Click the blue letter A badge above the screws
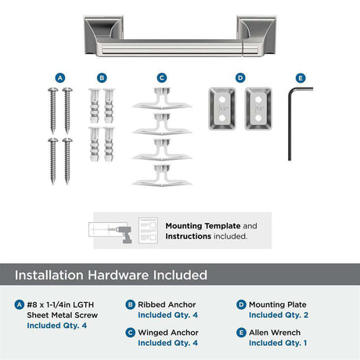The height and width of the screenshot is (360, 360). [60, 78]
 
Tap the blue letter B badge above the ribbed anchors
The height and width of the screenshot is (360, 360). [102, 78]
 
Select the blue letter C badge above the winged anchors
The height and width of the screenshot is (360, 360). [162, 78]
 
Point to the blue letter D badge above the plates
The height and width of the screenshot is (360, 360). [240, 78]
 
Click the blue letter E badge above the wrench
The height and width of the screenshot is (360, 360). [301, 78]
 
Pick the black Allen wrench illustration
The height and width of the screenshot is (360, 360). [290, 124]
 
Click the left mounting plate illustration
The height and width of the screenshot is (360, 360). [222, 109]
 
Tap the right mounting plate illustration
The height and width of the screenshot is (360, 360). [258, 109]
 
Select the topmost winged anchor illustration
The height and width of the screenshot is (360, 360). [162, 99]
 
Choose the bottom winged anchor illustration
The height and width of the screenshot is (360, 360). [162, 175]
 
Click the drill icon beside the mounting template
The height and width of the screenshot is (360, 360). [123, 234]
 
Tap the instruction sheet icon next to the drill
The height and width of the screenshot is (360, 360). [148, 231]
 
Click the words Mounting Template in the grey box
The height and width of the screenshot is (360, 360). [203, 225]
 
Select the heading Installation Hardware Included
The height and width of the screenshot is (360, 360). [111, 275]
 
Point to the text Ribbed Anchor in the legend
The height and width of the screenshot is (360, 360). [167, 304]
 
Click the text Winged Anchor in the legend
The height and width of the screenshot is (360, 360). [168, 333]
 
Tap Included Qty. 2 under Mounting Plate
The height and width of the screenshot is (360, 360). [279, 315]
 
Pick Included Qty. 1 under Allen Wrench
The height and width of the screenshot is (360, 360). [278, 343]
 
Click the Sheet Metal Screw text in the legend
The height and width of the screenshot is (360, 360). [63, 315]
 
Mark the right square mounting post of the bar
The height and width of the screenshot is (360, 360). [257, 35]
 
